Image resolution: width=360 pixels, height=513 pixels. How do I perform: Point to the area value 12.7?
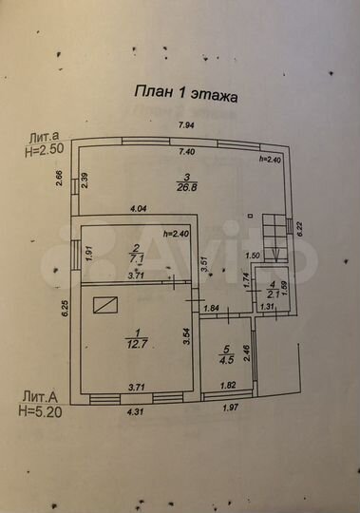pos(132,343)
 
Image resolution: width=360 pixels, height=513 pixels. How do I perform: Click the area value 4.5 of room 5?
pos(225,360)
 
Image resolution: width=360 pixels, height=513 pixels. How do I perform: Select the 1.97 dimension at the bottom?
pos(230,408)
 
